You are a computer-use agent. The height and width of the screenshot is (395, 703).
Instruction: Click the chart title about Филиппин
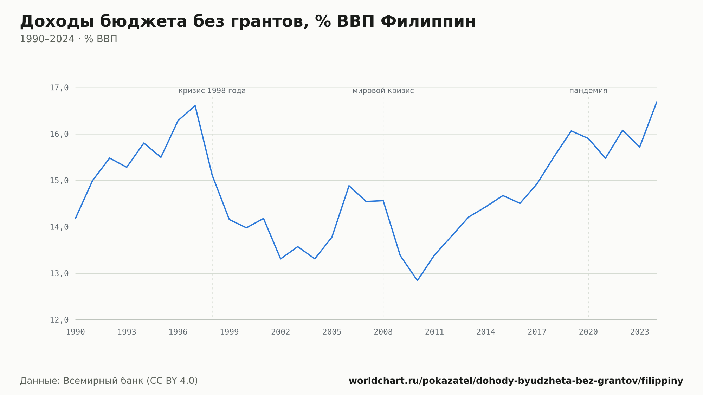coord(247,21)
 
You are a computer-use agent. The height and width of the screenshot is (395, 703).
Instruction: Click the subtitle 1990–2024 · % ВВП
coord(69,39)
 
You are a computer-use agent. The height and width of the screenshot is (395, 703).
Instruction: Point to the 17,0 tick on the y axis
coord(59,88)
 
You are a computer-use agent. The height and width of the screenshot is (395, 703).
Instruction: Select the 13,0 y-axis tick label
coord(59,273)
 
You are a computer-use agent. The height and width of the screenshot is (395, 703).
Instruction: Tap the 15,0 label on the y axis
coord(59,181)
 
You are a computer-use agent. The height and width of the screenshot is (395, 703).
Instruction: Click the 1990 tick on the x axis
coord(76,332)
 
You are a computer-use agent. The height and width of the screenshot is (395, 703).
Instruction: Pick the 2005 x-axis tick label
coord(332,332)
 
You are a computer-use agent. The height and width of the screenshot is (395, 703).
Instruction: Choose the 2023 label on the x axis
coord(640,332)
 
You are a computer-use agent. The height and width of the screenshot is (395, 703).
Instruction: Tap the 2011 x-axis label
coord(434,332)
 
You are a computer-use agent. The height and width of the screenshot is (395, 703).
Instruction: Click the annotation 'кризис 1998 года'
coord(212,91)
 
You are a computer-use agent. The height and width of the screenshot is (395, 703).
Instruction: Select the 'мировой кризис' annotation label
coord(383,91)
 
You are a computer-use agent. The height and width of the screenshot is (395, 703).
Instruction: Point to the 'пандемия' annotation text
coord(588,91)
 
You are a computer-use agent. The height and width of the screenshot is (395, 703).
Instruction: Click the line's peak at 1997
coord(195,106)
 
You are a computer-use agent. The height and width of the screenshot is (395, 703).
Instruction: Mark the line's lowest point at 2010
coord(418,280)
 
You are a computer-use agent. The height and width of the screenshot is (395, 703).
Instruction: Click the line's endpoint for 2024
coord(657,102)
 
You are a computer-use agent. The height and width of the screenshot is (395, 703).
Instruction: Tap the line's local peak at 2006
coord(349,186)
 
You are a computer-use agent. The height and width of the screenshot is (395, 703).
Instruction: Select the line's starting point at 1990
coord(76,219)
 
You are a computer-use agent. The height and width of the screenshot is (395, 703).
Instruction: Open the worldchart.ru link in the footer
coord(516,381)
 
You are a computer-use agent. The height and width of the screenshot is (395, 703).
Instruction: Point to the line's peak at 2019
coord(571,131)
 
